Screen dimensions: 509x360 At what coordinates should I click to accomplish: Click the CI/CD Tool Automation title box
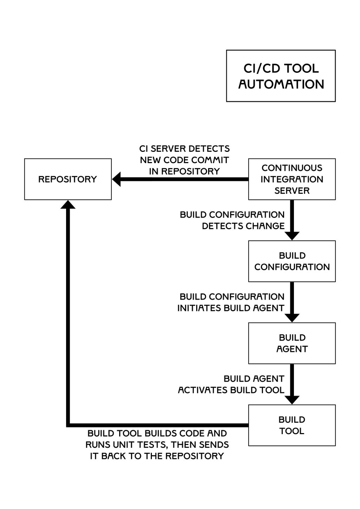tap(281, 76)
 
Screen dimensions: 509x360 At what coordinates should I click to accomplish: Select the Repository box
tap(68, 179)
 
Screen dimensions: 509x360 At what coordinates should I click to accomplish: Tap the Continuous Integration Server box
tap(292, 179)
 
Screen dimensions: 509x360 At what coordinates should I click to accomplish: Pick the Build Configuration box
tap(292, 261)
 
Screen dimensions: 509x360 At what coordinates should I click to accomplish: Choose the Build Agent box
tap(292, 343)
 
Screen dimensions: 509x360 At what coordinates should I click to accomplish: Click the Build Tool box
tap(292, 425)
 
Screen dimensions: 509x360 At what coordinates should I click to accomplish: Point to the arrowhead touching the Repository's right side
tap(117, 179)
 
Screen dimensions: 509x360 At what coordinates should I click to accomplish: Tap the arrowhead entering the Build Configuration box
tap(292, 236)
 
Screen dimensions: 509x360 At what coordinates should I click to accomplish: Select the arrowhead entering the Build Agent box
tap(292, 317)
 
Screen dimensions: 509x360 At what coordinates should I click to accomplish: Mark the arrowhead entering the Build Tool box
tap(292, 400)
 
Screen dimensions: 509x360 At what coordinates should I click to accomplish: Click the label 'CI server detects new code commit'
tap(184, 160)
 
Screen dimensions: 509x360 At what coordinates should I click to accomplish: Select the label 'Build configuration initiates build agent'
tap(231, 302)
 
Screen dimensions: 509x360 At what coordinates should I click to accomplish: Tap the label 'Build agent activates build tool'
tap(231, 384)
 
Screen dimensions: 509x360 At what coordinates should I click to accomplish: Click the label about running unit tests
tap(157, 445)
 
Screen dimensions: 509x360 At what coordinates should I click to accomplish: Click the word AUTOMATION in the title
tap(281, 84)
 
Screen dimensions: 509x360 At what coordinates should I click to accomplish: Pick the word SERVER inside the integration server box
tap(292, 191)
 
